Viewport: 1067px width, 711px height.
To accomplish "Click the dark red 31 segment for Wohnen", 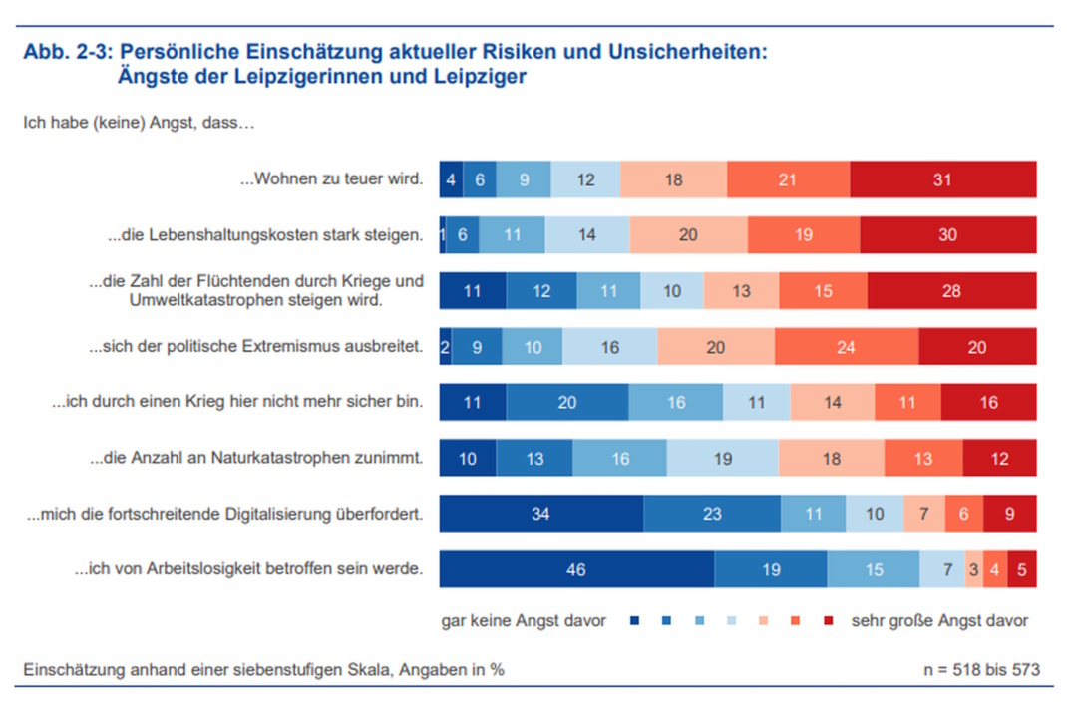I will pyautogui.click(x=943, y=180).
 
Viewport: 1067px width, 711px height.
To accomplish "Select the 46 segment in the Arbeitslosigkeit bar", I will pyautogui.click(x=576, y=569).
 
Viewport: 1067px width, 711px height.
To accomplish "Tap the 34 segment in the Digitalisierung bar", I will pyautogui.click(x=540, y=514).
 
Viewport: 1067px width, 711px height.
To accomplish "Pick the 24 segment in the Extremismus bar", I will pyautogui.click(x=847, y=347).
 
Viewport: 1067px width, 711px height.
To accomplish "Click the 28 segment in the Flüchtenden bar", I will pyautogui.click(x=951, y=291).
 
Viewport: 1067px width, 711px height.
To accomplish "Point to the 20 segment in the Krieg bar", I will pyautogui.click(x=566, y=402).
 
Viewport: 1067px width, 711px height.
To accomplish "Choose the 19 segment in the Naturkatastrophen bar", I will pyautogui.click(x=722, y=458).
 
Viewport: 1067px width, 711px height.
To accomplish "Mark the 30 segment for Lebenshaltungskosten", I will pyautogui.click(x=947, y=235).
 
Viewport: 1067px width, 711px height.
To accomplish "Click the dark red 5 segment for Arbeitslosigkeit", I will pyautogui.click(x=1022, y=569).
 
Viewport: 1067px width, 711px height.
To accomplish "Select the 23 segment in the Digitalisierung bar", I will pyautogui.click(x=711, y=514).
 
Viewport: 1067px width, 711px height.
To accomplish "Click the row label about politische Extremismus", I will pyautogui.click(x=256, y=347).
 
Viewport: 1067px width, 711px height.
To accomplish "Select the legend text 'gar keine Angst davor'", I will pyautogui.click(x=524, y=620).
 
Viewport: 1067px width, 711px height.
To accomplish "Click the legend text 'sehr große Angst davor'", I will pyautogui.click(x=939, y=620).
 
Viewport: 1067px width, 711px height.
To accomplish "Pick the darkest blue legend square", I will pyautogui.click(x=634, y=621).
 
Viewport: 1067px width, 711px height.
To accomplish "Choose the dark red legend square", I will pyautogui.click(x=827, y=621).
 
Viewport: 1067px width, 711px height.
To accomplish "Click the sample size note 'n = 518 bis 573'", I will pyautogui.click(x=981, y=669).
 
